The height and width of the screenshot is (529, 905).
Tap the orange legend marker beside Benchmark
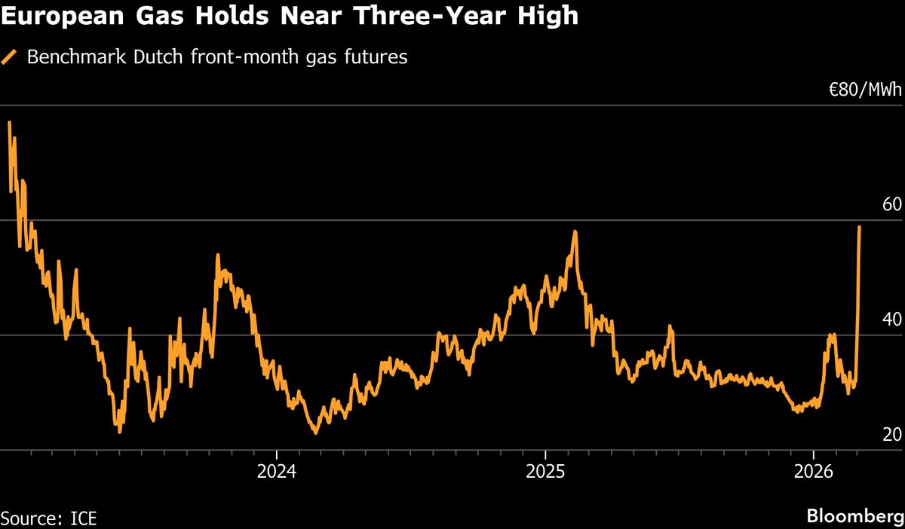[11, 58]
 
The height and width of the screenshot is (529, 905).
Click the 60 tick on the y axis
[891, 205]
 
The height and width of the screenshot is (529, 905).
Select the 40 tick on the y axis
[891, 320]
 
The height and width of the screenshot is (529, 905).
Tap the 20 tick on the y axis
[891, 435]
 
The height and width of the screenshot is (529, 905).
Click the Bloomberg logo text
[854, 517]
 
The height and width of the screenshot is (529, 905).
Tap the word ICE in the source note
[82, 518]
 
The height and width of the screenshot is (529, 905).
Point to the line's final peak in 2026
[860, 227]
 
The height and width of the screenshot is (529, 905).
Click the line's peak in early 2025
[575, 231]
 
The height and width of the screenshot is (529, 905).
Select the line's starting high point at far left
[9, 122]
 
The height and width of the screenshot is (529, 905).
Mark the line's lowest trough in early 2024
[316, 433]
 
